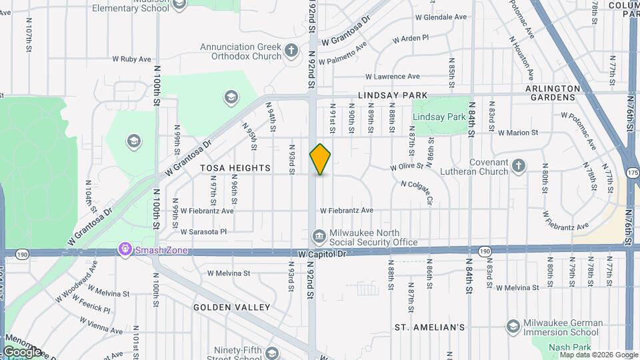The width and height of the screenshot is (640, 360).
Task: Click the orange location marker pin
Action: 320,159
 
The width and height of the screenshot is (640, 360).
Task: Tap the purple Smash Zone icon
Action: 124,250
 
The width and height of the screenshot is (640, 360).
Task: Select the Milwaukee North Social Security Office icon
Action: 319,237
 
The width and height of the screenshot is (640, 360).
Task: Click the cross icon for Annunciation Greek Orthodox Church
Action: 291,49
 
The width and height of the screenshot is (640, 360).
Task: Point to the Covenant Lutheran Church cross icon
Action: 519,165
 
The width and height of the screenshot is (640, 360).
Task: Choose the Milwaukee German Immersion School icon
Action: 513,327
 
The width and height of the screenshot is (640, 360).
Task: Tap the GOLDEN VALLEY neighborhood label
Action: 232,307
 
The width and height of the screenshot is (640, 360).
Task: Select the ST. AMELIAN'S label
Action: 429,327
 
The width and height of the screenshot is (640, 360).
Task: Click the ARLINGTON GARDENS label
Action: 550,93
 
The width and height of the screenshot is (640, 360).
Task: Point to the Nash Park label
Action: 569,347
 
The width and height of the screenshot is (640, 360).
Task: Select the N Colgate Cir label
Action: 417,192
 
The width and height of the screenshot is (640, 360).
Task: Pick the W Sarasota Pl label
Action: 204,232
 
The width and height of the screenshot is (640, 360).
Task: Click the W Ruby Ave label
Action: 131,59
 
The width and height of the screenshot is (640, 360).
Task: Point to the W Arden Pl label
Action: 410,39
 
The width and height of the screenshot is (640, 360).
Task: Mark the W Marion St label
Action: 517,132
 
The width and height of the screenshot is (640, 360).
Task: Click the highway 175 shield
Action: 633,173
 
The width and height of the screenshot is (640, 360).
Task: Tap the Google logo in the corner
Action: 22,351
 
